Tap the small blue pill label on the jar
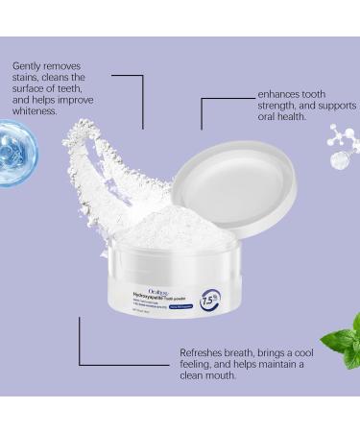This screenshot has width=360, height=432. pos(189,305)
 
